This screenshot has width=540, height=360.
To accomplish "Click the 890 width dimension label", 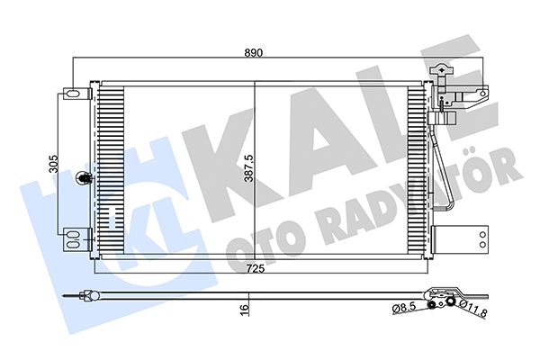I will click(254, 53).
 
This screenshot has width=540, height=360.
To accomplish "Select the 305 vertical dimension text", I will click(53, 164).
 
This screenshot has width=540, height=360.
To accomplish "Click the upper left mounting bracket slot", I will click(71, 92).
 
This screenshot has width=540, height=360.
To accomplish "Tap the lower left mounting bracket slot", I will click(71, 241).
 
